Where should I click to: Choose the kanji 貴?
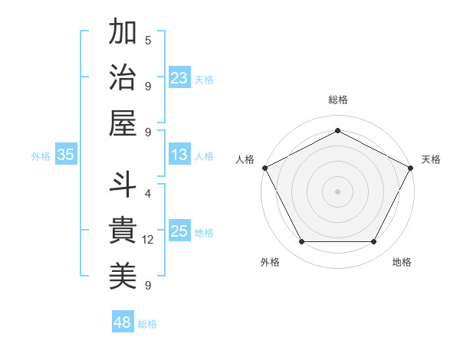pos(123,231)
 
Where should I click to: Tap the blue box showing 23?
pos(179,77)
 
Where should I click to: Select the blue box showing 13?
pos(179,155)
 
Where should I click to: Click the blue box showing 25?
pos(179,231)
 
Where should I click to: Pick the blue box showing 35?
pos(66,155)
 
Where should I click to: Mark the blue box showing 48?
pos(122,322)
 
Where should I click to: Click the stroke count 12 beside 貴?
pos(148,240)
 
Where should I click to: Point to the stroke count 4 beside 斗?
pos(148,194)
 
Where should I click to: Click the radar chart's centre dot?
pos(337,191)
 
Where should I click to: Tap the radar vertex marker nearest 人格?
pos(264,167)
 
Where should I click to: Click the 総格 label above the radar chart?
pos(337,100)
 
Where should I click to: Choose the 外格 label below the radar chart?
pos(271,262)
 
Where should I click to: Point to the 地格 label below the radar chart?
pos(402,262)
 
